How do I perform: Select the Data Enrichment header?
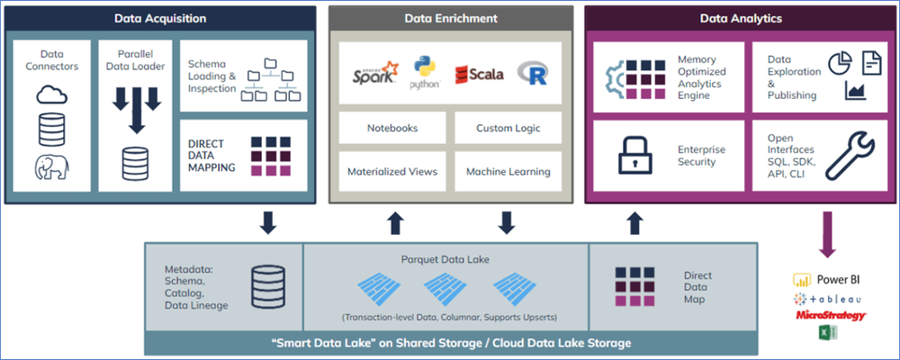click(449, 18)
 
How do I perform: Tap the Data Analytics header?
click(740, 18)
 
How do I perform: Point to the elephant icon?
click(51, 167)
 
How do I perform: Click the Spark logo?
click(374, 74)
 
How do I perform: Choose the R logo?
click(533, 74)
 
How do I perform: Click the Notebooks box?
click(392, 128)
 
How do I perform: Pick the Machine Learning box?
click(508, 171)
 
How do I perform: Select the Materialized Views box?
click(392, 171)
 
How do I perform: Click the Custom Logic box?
click(508, 128)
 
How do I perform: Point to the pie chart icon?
click(840, 63)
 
